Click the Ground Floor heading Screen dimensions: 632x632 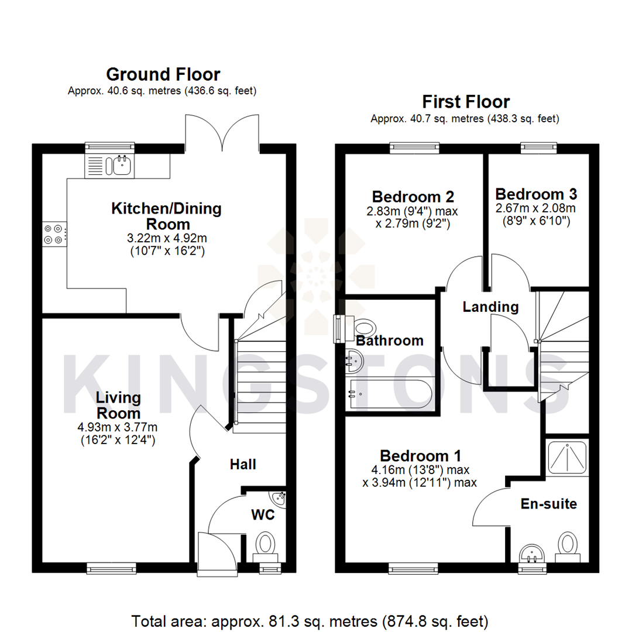tap(163, 75)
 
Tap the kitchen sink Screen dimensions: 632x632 tap(122, 166)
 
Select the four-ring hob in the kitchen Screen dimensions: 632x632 tap(53, 234)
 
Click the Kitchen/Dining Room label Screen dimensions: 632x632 tap(167, 216)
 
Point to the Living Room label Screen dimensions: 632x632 tap(118, 405)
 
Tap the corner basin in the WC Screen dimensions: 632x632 tap(279, 499)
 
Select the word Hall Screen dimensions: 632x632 tap(242, 465)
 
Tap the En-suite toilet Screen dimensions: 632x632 tap(567, 544)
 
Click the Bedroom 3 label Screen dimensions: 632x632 tap(536, 194)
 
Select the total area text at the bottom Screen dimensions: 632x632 tap(310, 620)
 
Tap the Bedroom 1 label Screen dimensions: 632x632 tap(420, 455)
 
